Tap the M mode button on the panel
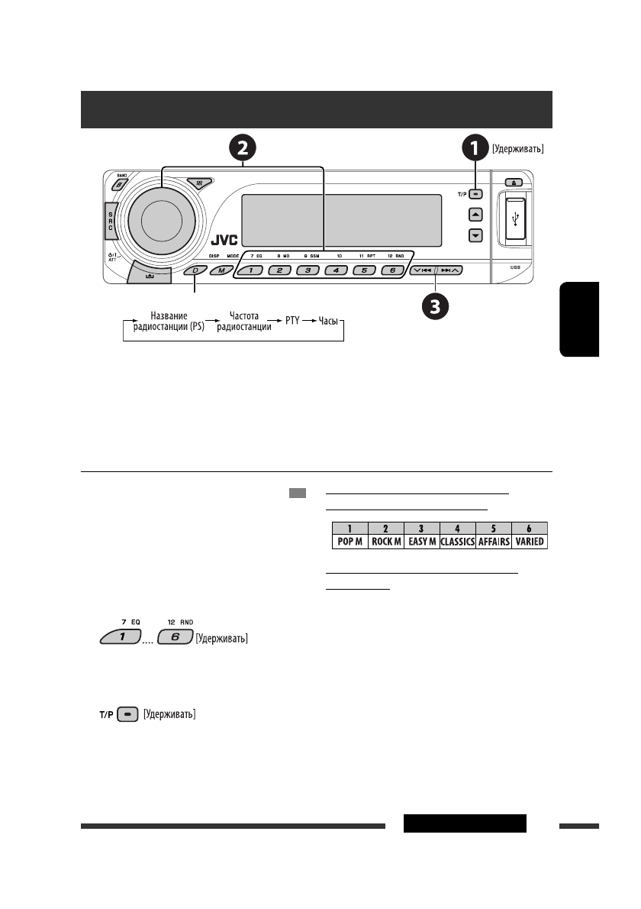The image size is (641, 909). pyautogui.click(x=221, y=270)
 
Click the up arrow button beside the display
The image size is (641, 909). pyautogui.click(x=475, y=215)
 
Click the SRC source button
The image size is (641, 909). pyautogui.click(x=111, y=221)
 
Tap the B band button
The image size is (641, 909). pyautogui.click(x=121, y=185)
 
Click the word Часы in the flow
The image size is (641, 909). pyautogui.click(x=328, y=322)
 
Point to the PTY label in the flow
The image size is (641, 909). pyautogui.click(x=292, y=322)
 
